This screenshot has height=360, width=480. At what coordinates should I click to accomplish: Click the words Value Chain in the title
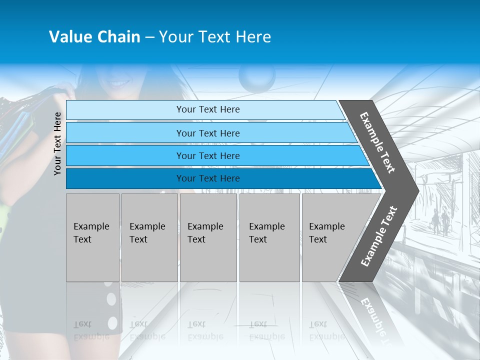94,37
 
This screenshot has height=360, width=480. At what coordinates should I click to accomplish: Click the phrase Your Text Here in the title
215,37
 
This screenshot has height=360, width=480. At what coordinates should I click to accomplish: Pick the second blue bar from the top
208,133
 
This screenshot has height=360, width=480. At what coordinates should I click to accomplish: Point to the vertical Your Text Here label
58,143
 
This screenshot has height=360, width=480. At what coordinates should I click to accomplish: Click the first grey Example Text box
92,237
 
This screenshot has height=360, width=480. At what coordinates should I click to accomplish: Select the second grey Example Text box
149,237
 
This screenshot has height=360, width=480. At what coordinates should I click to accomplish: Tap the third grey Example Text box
208,237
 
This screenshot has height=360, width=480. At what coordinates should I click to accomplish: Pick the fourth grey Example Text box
269,237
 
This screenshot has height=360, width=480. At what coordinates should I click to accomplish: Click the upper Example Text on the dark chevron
377,142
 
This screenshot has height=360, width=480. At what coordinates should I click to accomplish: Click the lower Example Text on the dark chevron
379,236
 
